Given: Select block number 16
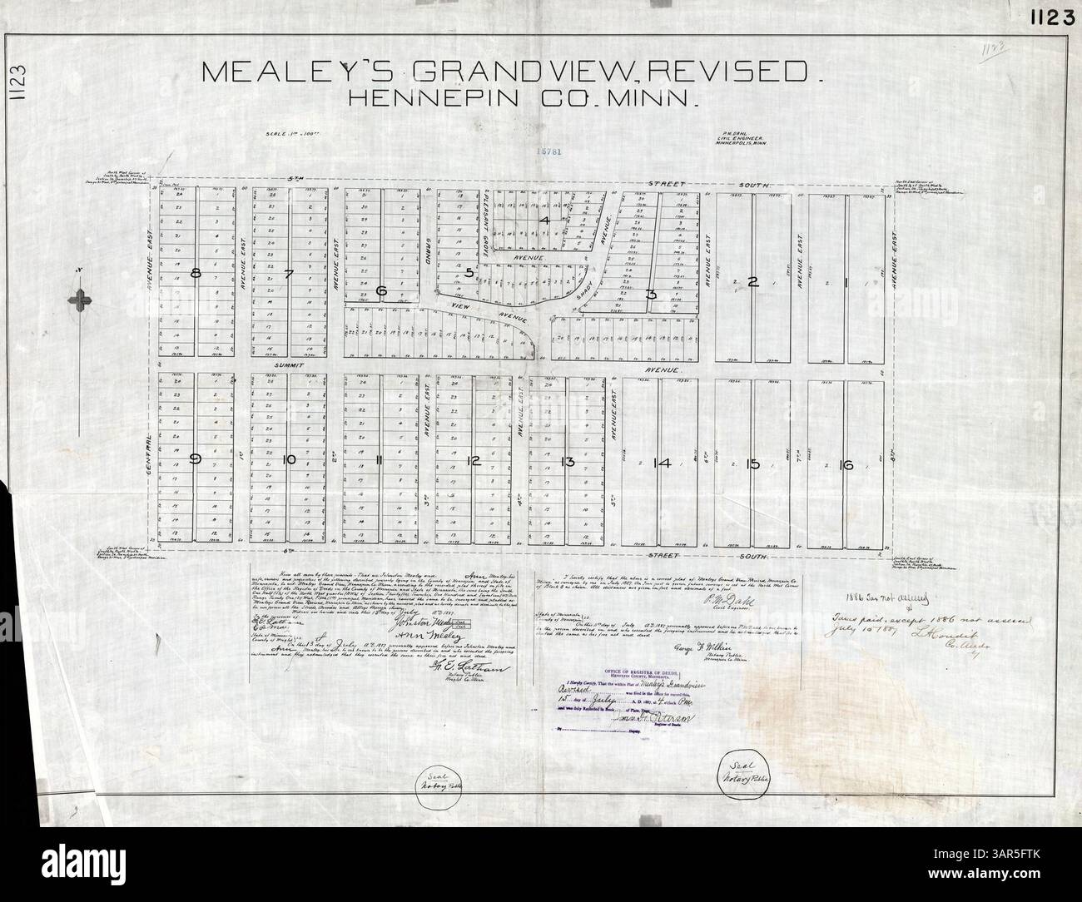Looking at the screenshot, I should click(x=847, y=465).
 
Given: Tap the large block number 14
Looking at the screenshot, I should click(x=663, y=464).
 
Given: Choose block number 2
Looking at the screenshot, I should click(x=752, y=282).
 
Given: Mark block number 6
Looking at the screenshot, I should click(x=382, y=290).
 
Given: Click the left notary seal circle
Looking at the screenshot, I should click(x=447, y=776).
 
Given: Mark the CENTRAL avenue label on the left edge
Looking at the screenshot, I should click(x=150, y=446).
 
